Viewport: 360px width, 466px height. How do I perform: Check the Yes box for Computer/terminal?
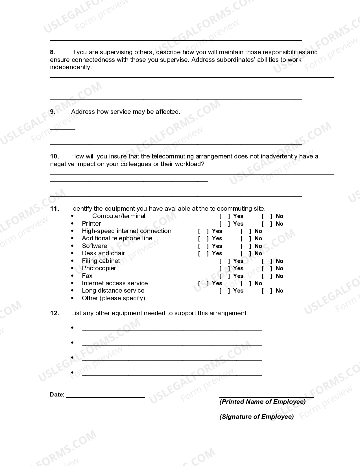[224, 216]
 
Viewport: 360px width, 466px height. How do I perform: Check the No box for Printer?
[267, 224]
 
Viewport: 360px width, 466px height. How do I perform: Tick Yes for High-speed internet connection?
[203, 231]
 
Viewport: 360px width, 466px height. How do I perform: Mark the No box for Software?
[246, 246]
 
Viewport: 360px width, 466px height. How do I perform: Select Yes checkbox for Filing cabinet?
[224, 261]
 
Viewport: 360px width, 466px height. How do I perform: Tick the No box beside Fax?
[267, 276]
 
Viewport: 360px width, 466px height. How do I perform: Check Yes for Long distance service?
[224, 291]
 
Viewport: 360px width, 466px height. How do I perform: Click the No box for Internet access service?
[246, 284]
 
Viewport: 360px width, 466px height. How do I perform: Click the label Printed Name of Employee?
[262, 402]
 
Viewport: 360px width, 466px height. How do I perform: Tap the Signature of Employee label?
[256, 417]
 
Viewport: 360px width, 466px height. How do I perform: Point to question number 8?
[53, 52]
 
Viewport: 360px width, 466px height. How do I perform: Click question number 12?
[54, 313]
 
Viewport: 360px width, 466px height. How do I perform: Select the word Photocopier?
[99, 268]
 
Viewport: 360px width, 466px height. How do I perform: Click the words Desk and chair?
[103, 253]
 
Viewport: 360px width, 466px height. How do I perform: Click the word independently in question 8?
[70, 67]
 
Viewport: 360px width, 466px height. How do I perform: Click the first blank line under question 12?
[172, 329]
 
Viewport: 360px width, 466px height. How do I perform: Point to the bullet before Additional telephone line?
[73, 239]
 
